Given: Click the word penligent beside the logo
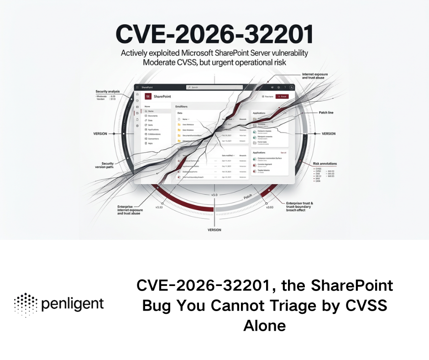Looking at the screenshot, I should click(x=73, y=304).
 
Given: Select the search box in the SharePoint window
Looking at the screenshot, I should click(x=214, y=87).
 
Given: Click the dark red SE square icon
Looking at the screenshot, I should click(x=148, y=96).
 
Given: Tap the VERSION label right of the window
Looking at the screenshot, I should click(x=328, y=134).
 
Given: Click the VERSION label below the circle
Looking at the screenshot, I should click(x=214, y=230).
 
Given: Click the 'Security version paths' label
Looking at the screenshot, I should click(x=107, y=166).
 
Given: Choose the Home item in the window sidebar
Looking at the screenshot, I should click(x=150, y=111).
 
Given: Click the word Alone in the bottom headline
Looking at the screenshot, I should click(x=264, y=325).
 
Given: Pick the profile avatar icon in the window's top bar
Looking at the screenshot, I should click(x=292, y=87).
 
